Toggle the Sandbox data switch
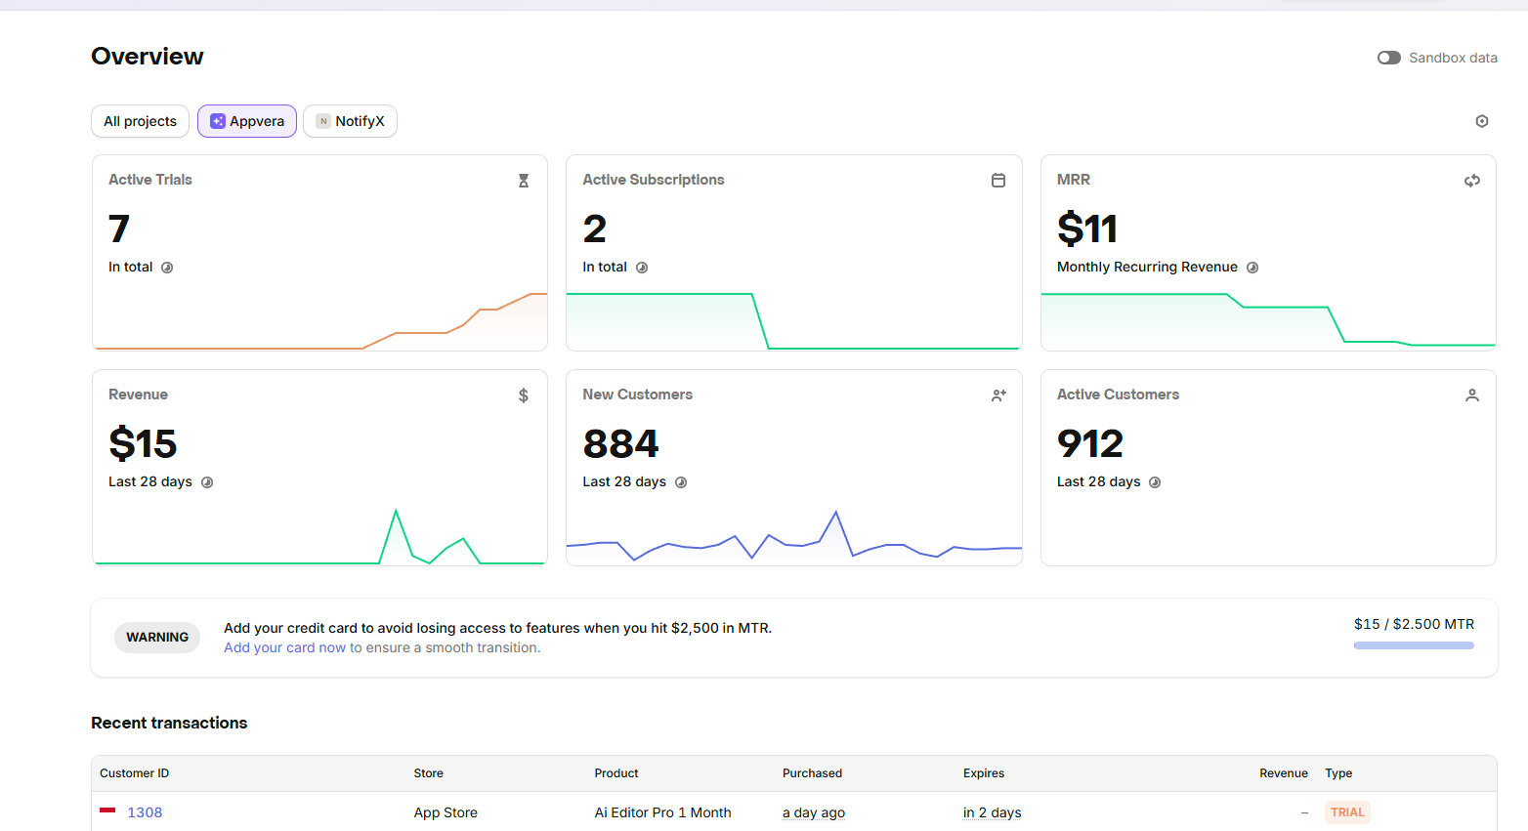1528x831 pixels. click(x=1388, y=58)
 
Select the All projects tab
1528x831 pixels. click(x=140, y=121)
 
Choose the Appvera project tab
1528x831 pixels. click(x=247, y=121)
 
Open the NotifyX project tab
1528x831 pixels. click(x=350, y=121)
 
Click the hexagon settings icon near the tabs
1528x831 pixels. click(x=1482, y=121)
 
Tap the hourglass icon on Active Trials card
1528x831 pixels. click(x=524, y=181)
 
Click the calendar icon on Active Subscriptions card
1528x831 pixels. click(x=997, y=180)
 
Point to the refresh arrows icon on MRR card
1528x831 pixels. click(x=1472, y=181)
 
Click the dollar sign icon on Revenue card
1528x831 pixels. click(x=524, y=395)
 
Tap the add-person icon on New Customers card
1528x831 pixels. click(x=998, y=395)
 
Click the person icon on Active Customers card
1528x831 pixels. click(x=1472, y=395)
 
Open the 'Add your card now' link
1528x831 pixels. click(x=284, y=647)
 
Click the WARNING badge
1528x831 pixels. click(x=157, y=638)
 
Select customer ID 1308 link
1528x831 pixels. click(x=145, y=812)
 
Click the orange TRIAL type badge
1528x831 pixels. click(x=1347, y=812)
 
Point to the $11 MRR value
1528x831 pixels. click(x=1087, y=229)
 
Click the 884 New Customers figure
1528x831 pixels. click(x=620, y=443)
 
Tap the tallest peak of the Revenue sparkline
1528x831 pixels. click(x=396, y=510)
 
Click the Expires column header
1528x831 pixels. click(x=984, y=773)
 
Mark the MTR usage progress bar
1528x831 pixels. click(x=1414, y=645)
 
